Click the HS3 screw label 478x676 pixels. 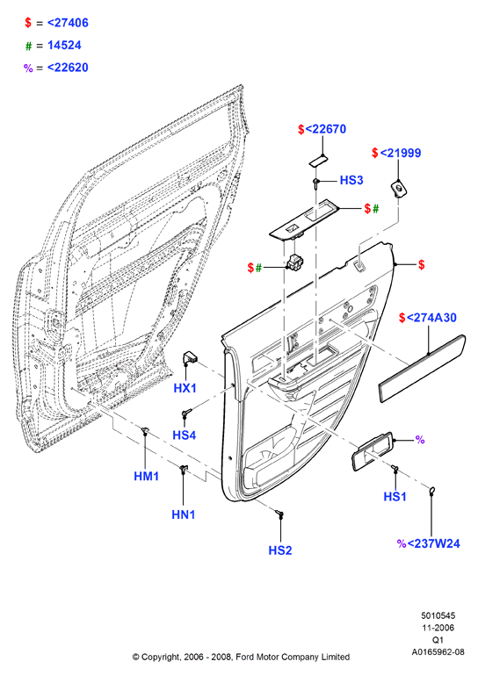tap(351, 180)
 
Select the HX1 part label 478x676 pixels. tap(185, 388)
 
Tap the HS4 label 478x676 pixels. tap(185, 435)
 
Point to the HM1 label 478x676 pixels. tap(146, 476)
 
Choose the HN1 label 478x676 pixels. tap(184, 514)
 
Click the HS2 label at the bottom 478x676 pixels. tap(280, 550)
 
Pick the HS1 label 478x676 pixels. tap(395, 497)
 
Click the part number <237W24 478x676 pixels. tap(433, 543)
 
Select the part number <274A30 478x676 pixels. tap(431, 318)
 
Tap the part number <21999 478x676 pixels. tap(401, 153)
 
